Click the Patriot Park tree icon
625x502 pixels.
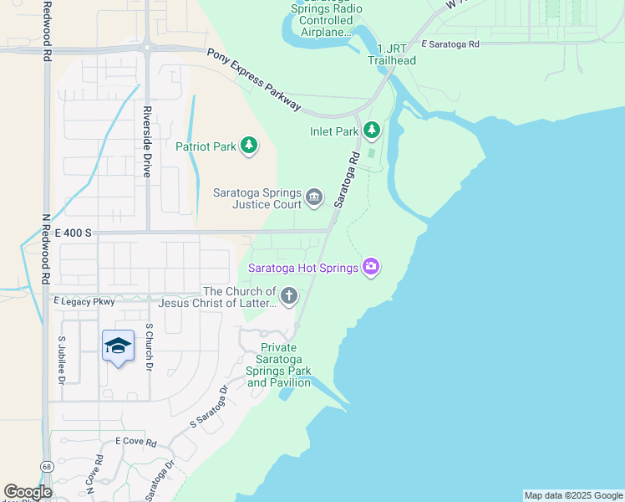pos(249,146)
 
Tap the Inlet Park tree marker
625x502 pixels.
pos(372,131)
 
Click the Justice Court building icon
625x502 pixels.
pos(314,197)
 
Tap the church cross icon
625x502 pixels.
pos(289,295)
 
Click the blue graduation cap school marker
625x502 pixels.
pos(118,346)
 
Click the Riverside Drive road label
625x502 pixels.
pos(146,141)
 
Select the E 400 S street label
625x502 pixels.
pos(73,238)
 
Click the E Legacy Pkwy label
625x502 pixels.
pos(84,300)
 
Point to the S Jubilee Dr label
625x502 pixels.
pos(62,360)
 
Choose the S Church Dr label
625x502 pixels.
pos(150,348)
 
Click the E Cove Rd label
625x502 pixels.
pos(136,441)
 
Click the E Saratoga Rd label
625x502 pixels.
pos(450,44)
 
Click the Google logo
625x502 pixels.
pos(28,492)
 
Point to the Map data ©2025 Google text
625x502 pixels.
pos(572,495)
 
